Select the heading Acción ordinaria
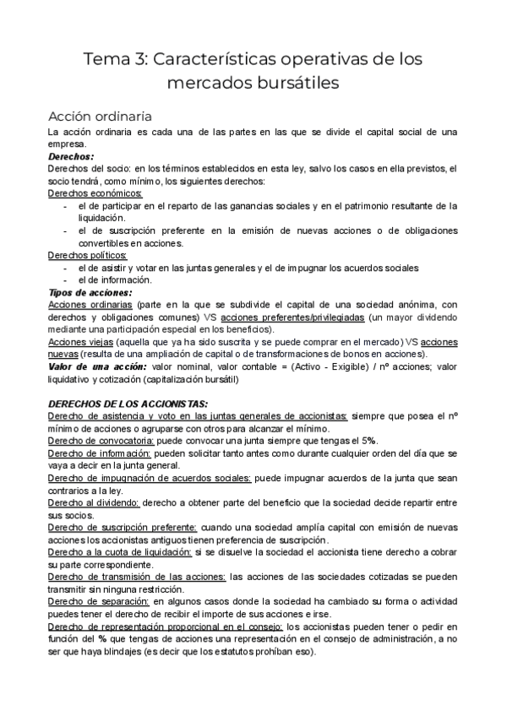coord(100,116)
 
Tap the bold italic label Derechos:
coord(71,157)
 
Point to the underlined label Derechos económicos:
coord(95,193)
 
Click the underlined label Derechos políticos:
coord(88,255)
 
